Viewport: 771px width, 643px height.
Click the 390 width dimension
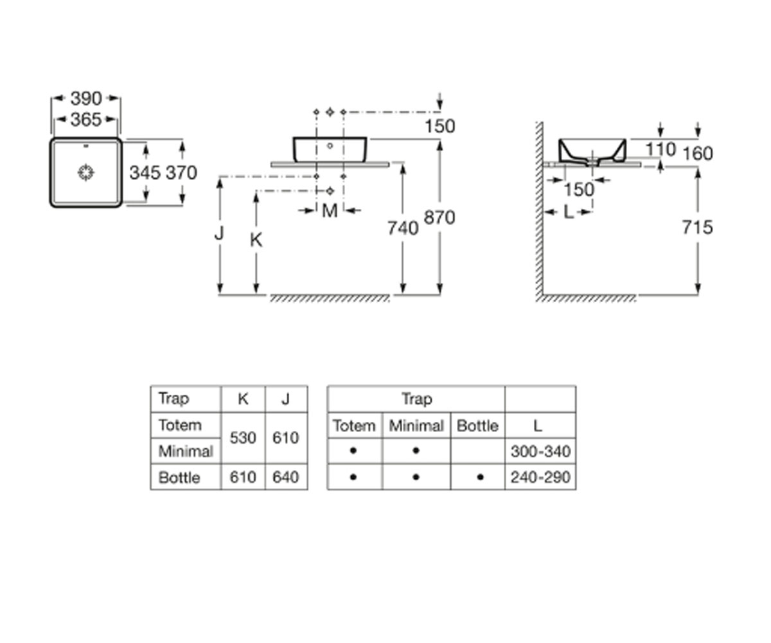point(85,98)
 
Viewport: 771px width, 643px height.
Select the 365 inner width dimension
point(85,120)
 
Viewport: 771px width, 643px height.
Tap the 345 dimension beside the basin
point(145,172)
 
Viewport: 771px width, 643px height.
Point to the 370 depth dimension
point(181,172)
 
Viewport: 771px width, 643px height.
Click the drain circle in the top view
point(86,172)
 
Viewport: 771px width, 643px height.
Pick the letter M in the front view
point(330,211)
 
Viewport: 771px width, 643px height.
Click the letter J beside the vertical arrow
point(219,233)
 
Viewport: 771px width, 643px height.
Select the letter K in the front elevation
point(256,240)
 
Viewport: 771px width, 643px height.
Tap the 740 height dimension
point(403,228)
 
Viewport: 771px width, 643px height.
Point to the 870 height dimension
point(439,217)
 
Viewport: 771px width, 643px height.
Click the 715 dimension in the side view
point(697,227)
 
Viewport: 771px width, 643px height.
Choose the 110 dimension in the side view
point(660,150)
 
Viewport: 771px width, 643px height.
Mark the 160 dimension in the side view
point(698,154)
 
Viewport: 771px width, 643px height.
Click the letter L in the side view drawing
point(569,212)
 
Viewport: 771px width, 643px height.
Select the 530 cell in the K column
point(243,438)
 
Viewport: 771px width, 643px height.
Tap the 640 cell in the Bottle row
point(285,477)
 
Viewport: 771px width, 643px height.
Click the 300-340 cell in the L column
point(540,451)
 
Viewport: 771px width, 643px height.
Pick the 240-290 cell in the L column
point(540,477)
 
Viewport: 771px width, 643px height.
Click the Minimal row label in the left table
point(186,451)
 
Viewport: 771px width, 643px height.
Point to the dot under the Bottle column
point(480,477)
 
